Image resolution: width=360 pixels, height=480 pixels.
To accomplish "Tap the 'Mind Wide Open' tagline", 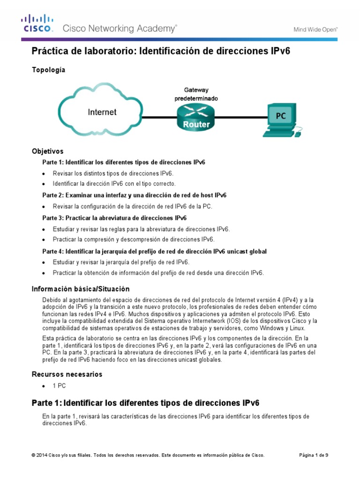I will [315, 29].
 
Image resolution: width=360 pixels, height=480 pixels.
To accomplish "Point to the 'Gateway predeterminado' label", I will [196, 94].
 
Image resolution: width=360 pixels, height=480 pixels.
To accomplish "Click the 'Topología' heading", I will [48, 70].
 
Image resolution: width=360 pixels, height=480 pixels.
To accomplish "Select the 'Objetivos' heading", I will [47, 151].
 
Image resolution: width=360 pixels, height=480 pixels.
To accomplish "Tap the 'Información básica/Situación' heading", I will [80, 289].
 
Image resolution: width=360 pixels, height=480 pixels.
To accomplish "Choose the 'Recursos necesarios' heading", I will [67, 374].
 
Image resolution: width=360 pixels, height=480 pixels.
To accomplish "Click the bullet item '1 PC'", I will [59, 386].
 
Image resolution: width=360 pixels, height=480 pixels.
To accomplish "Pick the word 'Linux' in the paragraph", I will [296, 328].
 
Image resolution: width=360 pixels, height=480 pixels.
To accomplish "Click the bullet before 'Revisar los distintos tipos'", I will [44, 173].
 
